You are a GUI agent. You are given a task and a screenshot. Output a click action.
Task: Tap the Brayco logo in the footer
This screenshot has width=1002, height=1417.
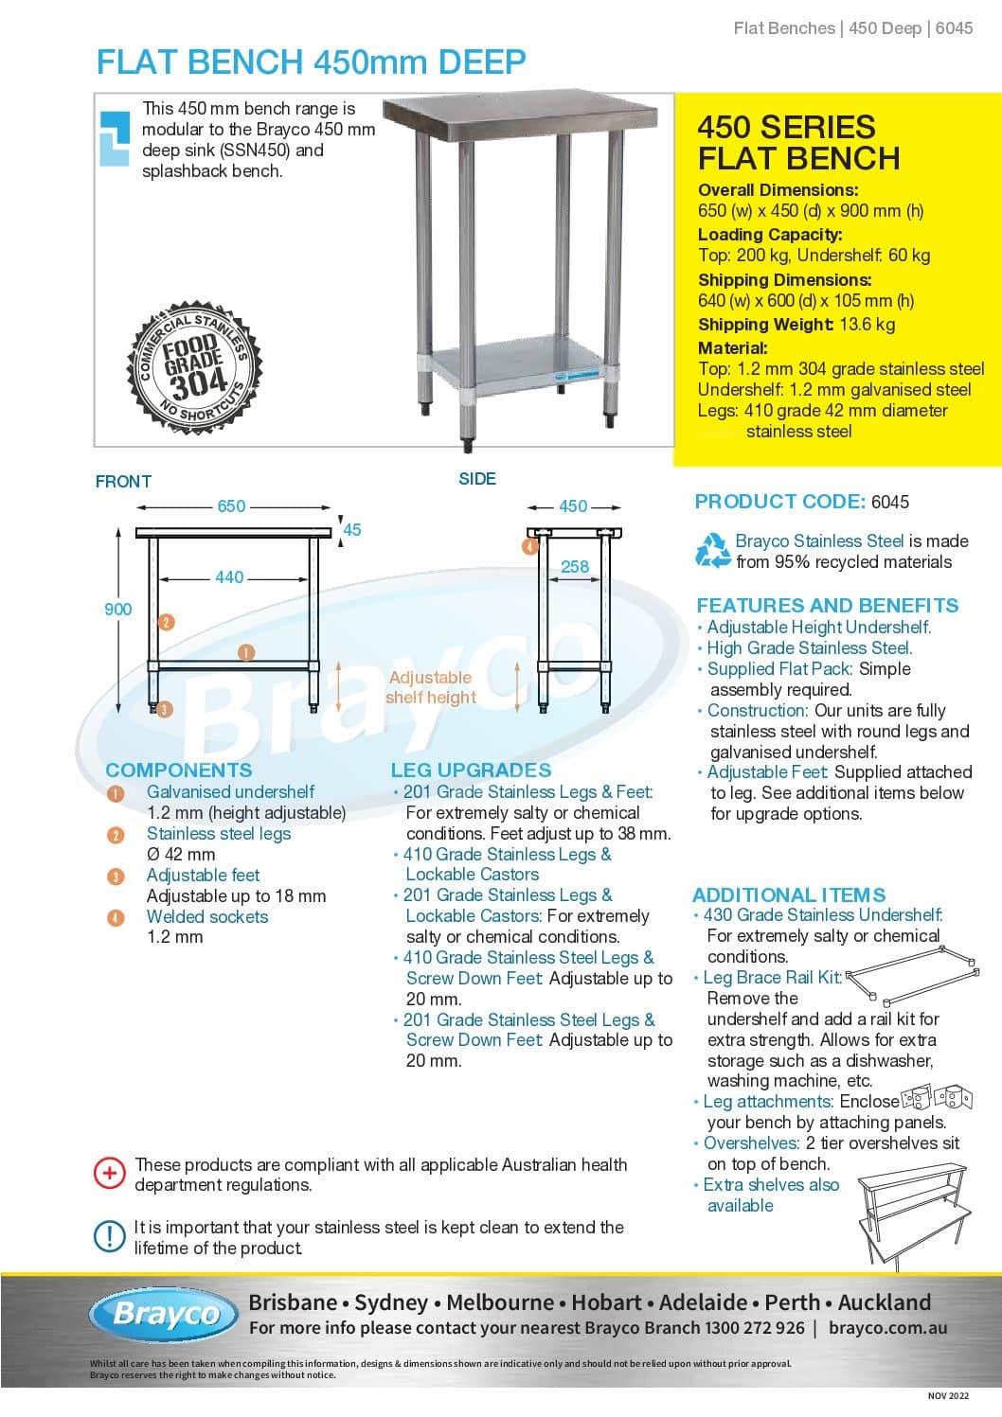tap(166, 1314)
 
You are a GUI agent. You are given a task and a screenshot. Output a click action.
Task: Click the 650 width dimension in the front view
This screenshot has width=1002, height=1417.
tap(231, 506)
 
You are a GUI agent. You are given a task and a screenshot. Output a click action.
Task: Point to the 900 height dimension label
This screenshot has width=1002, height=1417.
tap(117, 610)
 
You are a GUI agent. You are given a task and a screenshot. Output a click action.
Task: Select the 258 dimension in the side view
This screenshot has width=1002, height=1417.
tap(574, 567)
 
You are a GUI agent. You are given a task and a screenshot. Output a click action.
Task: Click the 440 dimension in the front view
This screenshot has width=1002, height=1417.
tap(229, 577)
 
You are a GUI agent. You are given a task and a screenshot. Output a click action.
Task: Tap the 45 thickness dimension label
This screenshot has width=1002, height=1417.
tap(351, 530)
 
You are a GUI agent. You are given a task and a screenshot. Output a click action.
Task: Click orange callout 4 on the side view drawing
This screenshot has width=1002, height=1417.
tap(530, 546)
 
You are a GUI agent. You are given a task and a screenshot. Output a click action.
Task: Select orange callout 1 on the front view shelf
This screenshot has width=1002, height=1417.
tap(246, 652)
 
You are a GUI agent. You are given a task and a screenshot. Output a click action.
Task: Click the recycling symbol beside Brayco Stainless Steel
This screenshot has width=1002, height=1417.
tap(712, 551)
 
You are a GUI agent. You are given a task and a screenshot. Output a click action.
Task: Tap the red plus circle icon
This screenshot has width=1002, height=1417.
tap(109, 1174)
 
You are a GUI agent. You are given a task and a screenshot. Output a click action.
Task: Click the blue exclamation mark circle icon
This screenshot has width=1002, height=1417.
tap(109, 1235)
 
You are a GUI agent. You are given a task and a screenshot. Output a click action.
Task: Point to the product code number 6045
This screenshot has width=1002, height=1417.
tap(889, 503)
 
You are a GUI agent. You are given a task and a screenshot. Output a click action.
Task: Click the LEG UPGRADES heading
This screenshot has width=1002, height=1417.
tap(471, 770)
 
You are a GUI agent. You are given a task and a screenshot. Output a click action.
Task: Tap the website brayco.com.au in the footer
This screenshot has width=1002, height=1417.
tap(886, 1328)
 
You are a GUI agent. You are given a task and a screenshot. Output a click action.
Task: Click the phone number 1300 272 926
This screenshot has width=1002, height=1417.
tap(754, 1328)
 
